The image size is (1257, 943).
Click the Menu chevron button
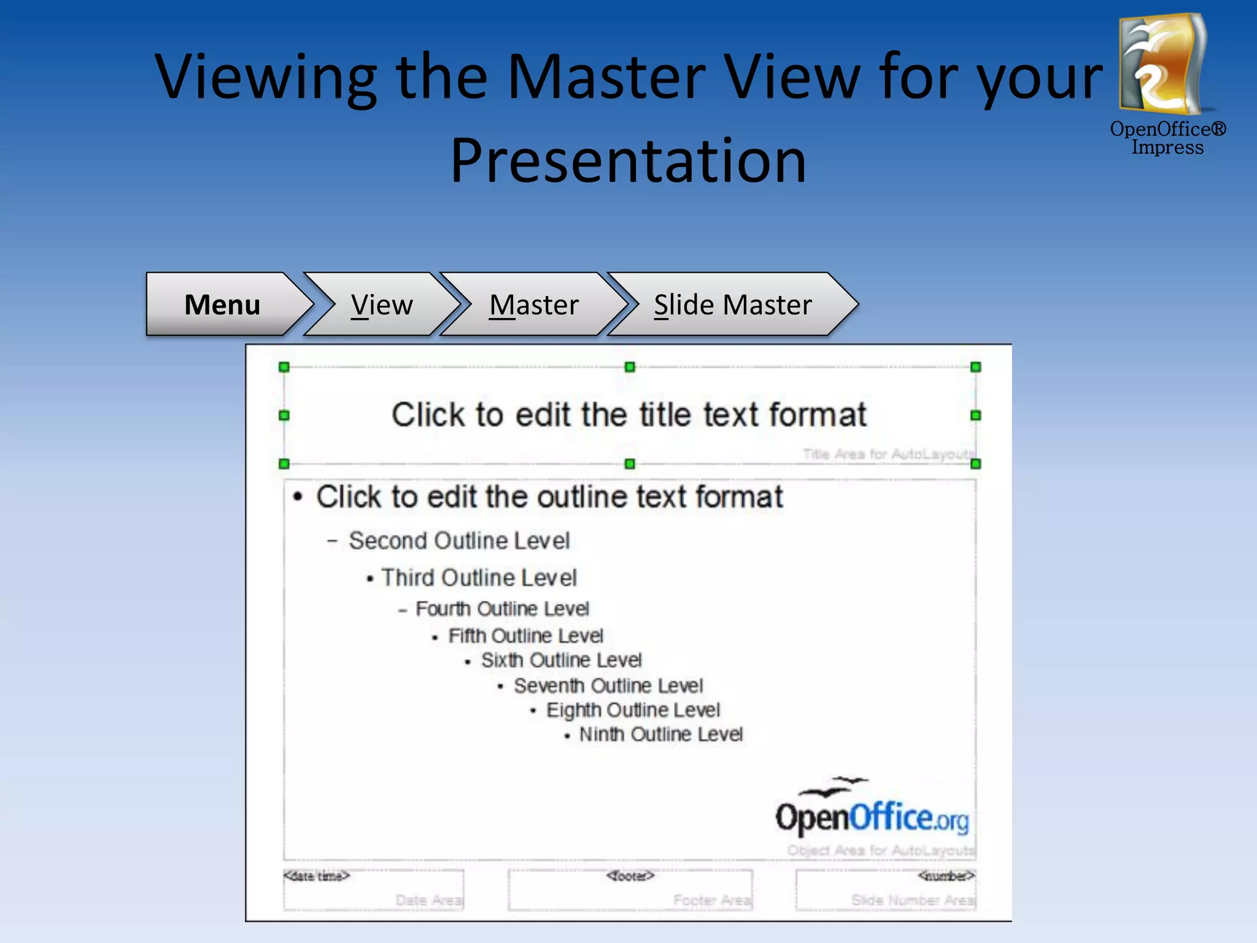[x=222, y=305]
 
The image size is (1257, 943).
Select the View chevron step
[x=382, y=305]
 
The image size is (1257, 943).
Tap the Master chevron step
[x=534, y=305]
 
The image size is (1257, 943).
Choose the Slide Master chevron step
[x=732, y=305]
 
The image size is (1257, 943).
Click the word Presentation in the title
[x=628, y=161]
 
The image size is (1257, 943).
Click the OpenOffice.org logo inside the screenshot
[x=872, y=810]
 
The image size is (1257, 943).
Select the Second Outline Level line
[x=458, y=541]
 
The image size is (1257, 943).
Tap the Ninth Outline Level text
[x=660, y=734]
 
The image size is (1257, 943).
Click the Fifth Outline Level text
[x=525, y=636]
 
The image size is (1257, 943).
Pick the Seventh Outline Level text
[x=608, y=686]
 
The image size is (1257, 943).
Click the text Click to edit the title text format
[x=629, y=414]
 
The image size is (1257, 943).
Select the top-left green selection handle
[x=284, y=367]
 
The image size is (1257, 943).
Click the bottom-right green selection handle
[x=976, y=464]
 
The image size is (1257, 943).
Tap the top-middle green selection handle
[x=630, y=367]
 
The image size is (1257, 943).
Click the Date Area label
[x=428, y=900]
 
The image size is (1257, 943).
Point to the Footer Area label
[x=712, y=900]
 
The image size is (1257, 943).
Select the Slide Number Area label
[x=912, y=900]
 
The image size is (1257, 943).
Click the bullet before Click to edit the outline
[x=298, y=497]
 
